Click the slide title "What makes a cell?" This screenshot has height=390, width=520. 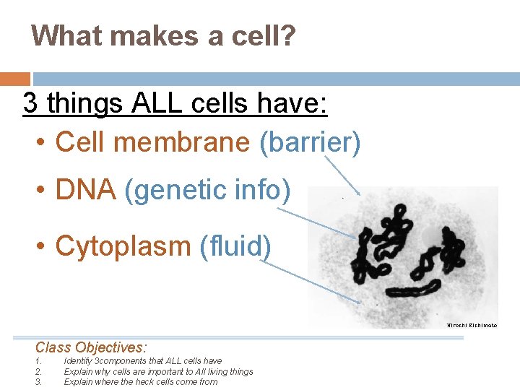point(163,35)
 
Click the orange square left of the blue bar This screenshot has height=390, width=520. point(14,79)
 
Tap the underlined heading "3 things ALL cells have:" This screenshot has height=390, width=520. point(175,103)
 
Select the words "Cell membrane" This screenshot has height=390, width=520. point(152,142)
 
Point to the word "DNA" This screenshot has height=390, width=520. point(85,190)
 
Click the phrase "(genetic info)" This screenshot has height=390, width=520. point(208,190)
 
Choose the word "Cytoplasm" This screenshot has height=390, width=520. point(122,246)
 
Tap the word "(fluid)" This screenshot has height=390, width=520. point(235,246)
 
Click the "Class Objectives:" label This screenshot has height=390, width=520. point(91,347)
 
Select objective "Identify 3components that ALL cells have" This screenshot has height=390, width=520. point(142,361)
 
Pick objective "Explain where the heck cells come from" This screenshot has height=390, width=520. point(140,382)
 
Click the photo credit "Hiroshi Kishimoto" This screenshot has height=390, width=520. point(471,326)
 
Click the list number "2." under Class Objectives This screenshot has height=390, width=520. point(38,372)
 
